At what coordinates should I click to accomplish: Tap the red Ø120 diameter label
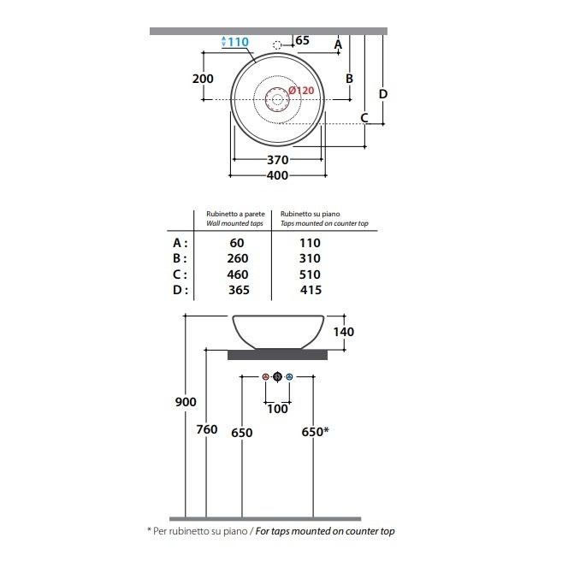pos(301,91)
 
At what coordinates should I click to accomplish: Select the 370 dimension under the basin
pos(278,160)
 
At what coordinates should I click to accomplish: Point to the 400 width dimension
pos(278,175)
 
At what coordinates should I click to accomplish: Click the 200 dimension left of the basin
pos(204,79)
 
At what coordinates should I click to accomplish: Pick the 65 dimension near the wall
pos(303,40)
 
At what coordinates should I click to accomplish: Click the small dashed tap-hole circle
pos(277,45)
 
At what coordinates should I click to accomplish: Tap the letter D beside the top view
pos(383,94)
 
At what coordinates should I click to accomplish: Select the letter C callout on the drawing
pos(364,118)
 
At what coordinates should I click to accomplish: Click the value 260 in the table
pos(238,258)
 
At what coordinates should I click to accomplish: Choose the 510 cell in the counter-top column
pos(310,275)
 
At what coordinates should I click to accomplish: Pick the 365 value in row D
pos(239,290)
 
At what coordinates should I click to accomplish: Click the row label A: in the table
pos(180,243)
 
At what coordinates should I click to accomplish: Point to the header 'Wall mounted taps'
pos(234,223)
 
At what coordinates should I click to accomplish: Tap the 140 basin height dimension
pos(344,332)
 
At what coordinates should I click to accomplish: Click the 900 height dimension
pos(186,402)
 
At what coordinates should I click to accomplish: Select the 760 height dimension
pos(207,429)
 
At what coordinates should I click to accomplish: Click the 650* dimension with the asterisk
pos(315,432)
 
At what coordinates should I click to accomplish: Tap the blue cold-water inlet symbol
pos(289,376)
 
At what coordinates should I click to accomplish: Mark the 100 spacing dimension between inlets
pos(277,409)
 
